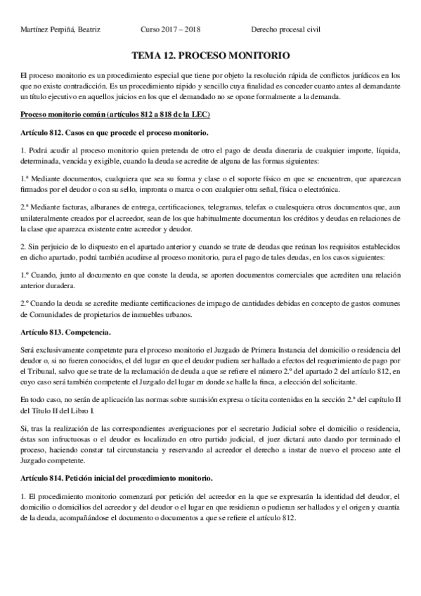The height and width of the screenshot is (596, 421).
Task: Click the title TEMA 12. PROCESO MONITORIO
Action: click(x=210, y=56)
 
